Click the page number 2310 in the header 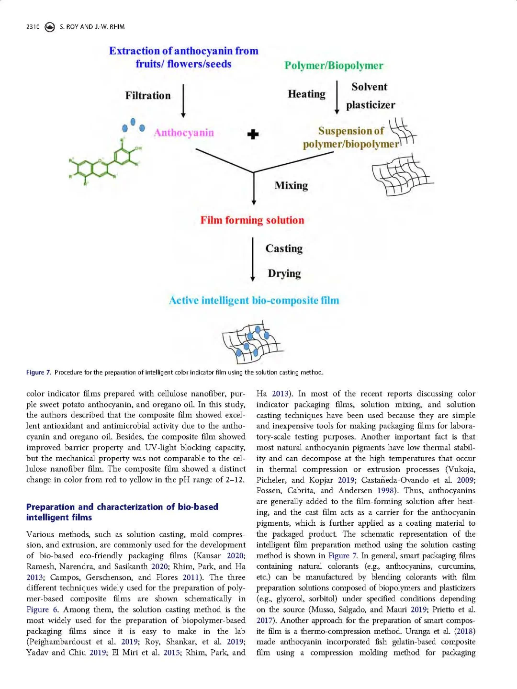coord(33,27)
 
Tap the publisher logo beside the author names coord(49,27)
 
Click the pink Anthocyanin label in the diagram coord(184,133)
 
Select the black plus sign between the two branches coord(253,135)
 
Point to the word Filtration coord(148,96)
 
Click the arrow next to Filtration coord(183,101)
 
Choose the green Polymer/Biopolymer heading coord(334,66)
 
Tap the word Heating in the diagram coord(306,94)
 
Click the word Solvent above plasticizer coord(369,87)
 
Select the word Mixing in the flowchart coord(291,185)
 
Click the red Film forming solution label coord(252,220)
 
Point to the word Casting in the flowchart coord(284,248)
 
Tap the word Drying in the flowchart coord(284,273)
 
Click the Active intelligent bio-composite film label coord(254,300)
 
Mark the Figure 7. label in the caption coord(38,373)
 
